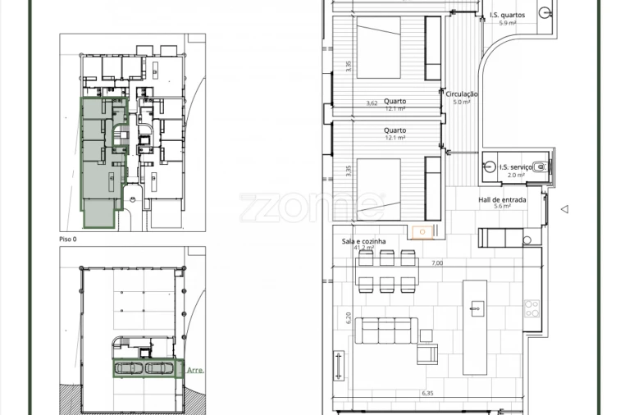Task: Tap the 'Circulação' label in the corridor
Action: pyautogui.click(x=462, y=94)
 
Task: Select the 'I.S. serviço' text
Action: pyautogui.click(x=515, y=167)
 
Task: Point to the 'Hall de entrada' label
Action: pyautogui.click(x=502, y=199)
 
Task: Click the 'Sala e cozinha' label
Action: pyautogui.click(x=364, y=241)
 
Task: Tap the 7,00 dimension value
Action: pyautogui.click(x=436, y=263)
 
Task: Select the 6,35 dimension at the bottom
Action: pyautogui.click(x=427, y=394)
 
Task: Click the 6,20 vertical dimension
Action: pyautogui.click(x=348, y=317)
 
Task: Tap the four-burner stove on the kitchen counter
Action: pyautogui.click(x=531, y=309)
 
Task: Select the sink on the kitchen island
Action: pyautogui.click(x=475, y=308)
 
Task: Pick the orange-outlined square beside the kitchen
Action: pyautogui.click(x=422, y=232)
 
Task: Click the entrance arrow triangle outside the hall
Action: pyautogui.click(x=564, y=210)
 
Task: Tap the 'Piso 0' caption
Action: pyautogui.click(x=68, y=239)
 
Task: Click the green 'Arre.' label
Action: pyautogui.click(x=195, y=370)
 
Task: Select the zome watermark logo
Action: pyautogui.click(x=312, y=206)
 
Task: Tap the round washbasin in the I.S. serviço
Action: pyautogui.click(x=489, y=166)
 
